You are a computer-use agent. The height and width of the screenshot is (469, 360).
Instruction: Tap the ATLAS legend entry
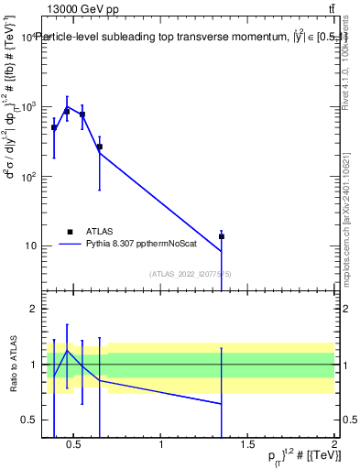tap(92, 232)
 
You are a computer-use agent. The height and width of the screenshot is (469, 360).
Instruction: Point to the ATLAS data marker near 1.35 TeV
tap(222, 236)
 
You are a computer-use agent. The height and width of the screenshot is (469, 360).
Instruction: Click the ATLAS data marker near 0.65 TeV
tap(99, 147)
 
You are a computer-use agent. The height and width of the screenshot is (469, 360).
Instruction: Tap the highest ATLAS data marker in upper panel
tap(67, 112)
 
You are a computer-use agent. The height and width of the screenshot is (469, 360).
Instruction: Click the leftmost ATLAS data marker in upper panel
tap(54, 127)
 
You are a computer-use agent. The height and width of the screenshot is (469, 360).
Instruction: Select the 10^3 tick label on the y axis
tap(27, 106)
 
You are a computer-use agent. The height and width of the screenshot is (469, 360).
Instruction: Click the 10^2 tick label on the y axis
tap(27, 176)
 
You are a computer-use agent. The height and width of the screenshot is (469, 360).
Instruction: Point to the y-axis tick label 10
tap(29, 245)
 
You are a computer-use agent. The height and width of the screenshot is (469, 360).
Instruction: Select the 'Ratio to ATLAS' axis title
tap(11, 365)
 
